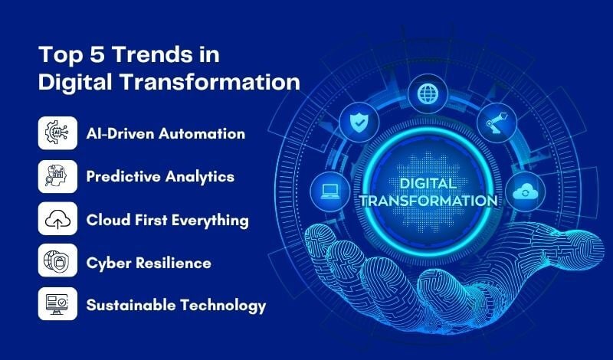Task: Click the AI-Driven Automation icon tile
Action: point(57,133)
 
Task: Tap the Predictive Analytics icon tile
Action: point(57,176)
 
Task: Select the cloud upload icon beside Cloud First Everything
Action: point(57,219)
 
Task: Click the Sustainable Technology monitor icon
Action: point(57,304)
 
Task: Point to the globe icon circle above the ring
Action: point(426,94)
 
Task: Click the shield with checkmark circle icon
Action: point(359,121)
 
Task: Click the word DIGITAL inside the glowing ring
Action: point(427,184)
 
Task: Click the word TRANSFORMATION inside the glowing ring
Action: point(427,201)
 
